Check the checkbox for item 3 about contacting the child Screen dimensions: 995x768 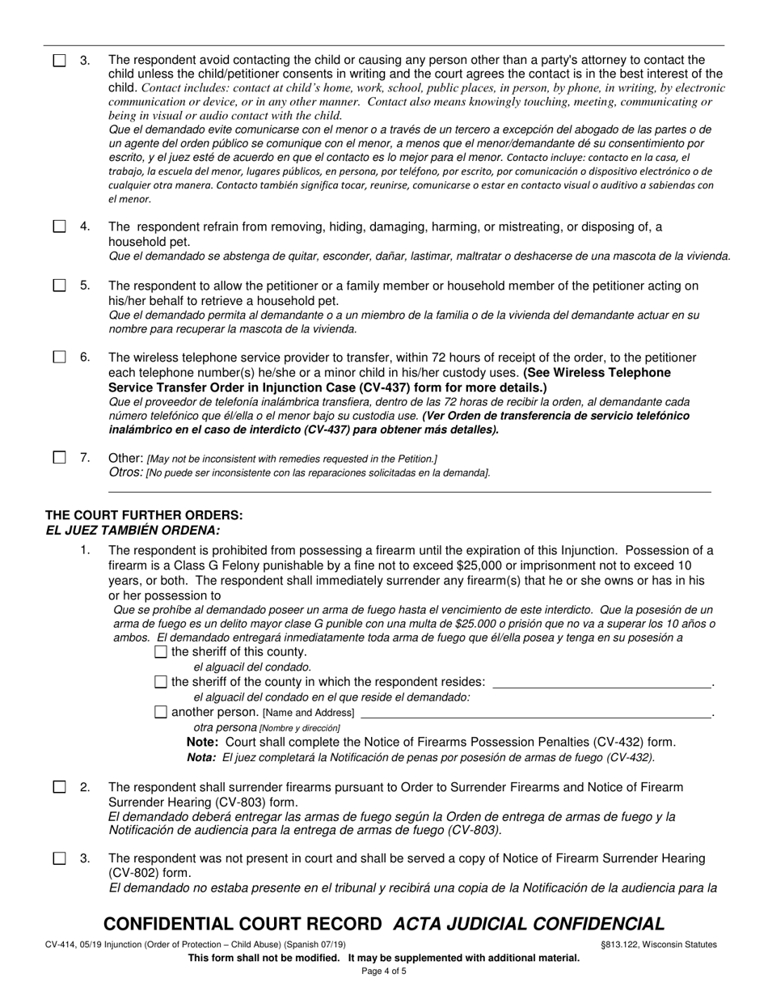(60, 61)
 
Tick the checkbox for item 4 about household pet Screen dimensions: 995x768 (60, 227)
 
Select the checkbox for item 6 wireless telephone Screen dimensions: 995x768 (60, 358)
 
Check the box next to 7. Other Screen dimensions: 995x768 (60, 458)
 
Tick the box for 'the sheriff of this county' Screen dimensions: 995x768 (160, 651)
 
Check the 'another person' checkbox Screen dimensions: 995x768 (160, 712)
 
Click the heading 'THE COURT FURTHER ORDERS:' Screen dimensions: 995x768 (144, 515)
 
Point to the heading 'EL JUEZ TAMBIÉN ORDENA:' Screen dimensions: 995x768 (133, 531)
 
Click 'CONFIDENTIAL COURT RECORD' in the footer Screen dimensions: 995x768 (243, 924)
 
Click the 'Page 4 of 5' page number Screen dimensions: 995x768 (384, 971)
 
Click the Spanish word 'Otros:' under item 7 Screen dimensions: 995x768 (126, 472)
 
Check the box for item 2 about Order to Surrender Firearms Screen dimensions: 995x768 (60, 787)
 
